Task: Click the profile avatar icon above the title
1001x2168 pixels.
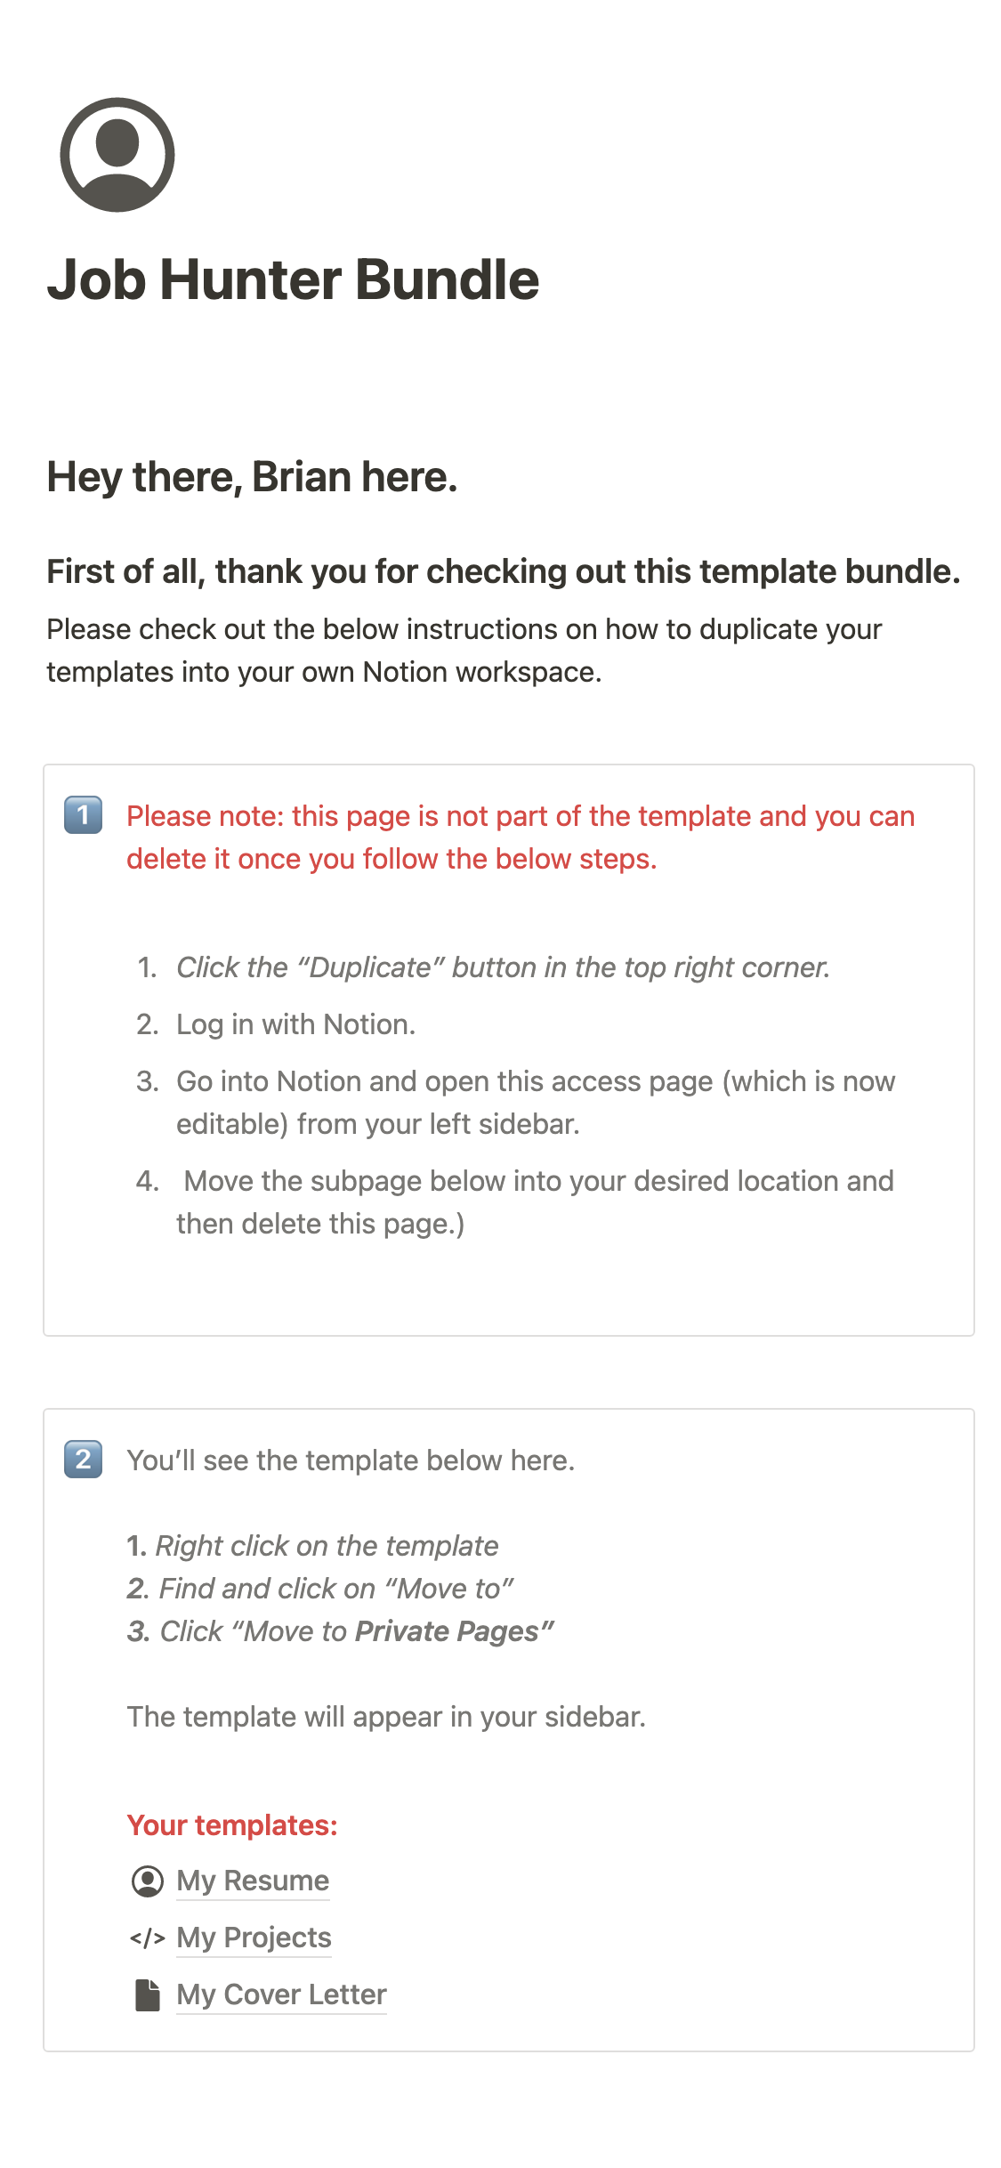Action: [117, 155]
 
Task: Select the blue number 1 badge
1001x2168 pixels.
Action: [84, 815]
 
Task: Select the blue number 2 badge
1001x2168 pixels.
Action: [84, 1460]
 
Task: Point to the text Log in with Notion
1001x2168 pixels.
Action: [295, 1024]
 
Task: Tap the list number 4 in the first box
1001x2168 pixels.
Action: [147, 1181]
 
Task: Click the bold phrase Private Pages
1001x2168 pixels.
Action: [448, 1631]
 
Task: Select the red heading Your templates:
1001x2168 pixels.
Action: [232, 1825]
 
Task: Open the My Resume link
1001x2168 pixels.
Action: [253, 1881]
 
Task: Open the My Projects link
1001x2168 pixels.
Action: [254, 1937]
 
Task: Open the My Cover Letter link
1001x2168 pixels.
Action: [281, 1994]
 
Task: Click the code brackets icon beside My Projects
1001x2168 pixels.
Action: [148, 1937]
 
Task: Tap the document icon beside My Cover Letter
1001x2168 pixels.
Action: [148, 1995]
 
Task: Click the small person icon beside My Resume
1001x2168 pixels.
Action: [148, 1881]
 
